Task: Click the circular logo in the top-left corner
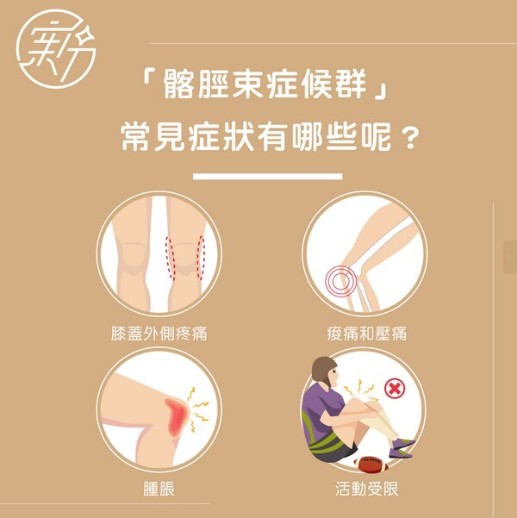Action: coord(56,48)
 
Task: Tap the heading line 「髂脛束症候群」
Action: coord(265,85)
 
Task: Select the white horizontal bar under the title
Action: coord(268,176)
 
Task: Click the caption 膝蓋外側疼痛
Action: coord(159,334)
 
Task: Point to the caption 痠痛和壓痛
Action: coord(367,334)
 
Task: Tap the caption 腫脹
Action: coord(159,489)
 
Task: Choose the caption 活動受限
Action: coord(367,489)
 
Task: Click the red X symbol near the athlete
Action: coord(395,389)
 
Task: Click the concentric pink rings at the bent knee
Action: coord(340,281)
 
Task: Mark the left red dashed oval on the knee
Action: coord(170,259)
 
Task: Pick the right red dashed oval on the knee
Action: coord(201,258)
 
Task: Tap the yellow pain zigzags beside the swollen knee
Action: coord(198,409)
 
